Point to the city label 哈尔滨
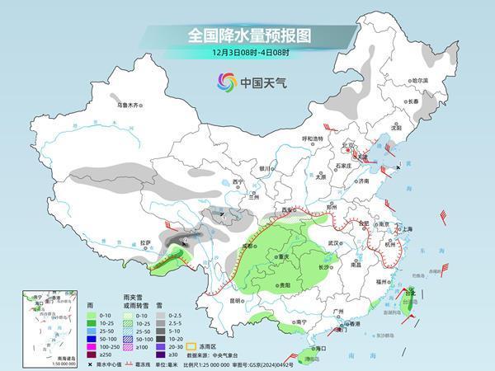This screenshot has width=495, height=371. (421, 80)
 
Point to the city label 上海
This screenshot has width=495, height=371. (404, 228)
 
